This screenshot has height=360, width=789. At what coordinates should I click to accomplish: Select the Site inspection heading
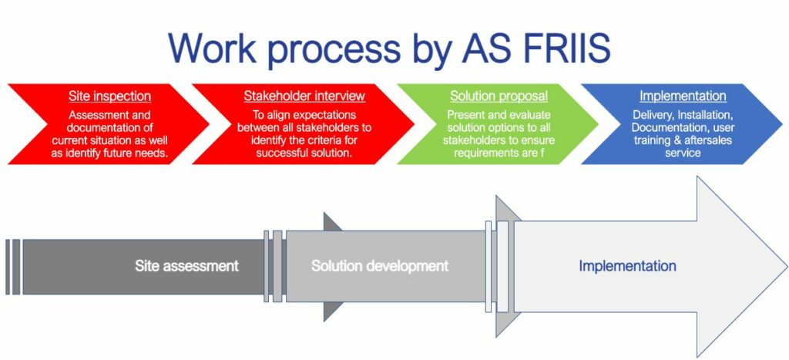click(109, 96)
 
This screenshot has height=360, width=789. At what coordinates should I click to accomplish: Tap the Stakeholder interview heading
click(304, 96)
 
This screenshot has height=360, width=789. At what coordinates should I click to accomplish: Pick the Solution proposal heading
click(499, 96)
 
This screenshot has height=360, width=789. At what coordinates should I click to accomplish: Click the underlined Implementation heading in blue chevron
click(683, 96)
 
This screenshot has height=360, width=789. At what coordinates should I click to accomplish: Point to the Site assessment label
click(186, 266)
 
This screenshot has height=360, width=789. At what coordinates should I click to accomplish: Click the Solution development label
click(379, 266)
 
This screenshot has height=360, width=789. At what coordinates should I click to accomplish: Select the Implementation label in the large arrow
click(627, 266)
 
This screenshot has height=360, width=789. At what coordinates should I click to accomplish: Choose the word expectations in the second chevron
click(326, 116)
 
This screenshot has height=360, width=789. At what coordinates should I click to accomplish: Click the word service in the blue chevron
click(683, 153)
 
